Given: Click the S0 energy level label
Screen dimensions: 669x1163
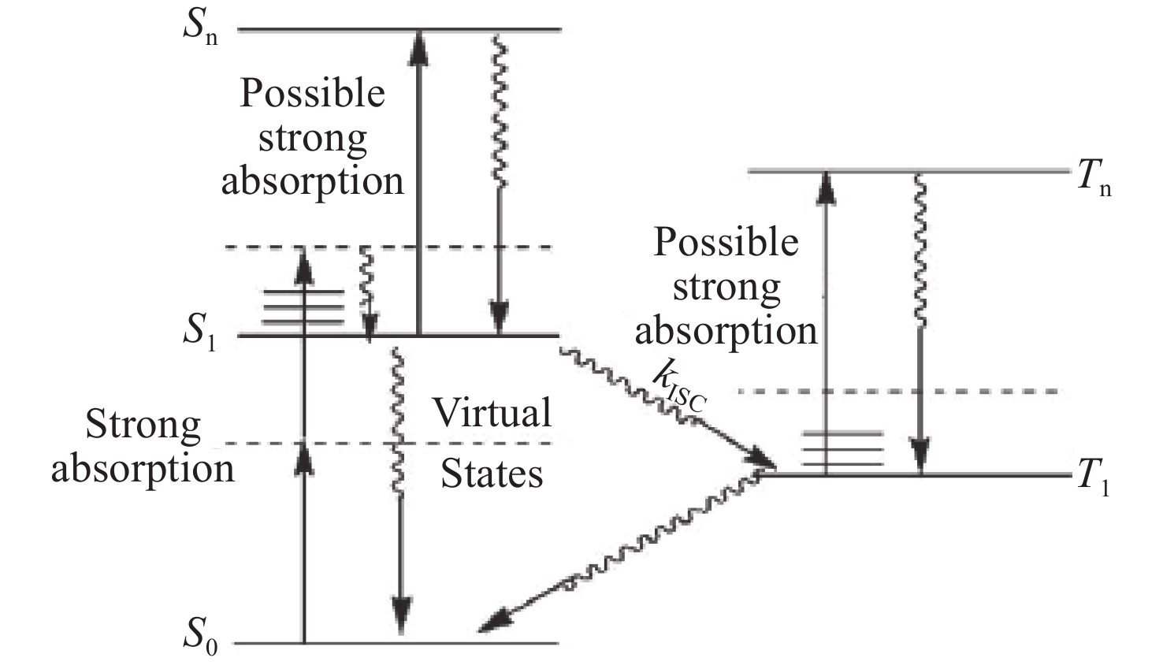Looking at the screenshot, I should coord(200,635).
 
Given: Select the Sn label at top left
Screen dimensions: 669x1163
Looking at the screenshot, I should coord(200,26).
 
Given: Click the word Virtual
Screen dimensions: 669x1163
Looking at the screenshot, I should coord(492,413).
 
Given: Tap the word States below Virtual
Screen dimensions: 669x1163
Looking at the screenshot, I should coord(492,474).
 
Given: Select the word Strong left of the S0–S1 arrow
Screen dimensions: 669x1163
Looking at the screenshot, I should coord(143,426).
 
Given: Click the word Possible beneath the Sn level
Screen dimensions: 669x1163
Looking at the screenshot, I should coord(312,93).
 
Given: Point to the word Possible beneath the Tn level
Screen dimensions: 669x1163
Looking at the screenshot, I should coord(726,242).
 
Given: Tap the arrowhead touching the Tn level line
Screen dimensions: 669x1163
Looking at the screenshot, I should coord(826,186).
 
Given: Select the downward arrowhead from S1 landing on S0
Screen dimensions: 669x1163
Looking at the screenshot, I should coord(402,616).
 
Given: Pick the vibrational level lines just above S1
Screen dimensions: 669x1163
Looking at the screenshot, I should coord(303,307).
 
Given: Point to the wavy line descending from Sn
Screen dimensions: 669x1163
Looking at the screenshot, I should coord(498,110).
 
